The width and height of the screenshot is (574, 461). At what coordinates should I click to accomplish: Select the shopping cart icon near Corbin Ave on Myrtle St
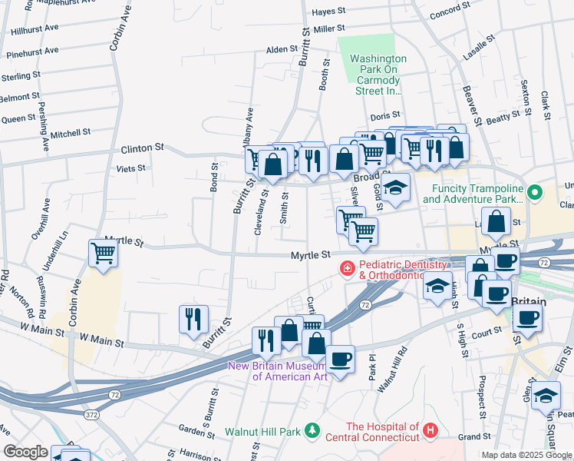click(103, 252)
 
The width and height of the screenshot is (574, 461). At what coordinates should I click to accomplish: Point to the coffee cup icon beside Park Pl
click(340, 358)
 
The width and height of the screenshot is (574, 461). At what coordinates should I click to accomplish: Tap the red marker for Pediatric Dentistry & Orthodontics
click(347, 268)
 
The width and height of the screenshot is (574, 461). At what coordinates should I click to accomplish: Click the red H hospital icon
click(430, 431)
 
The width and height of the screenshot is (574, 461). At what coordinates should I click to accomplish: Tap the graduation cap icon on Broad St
click(395, 187)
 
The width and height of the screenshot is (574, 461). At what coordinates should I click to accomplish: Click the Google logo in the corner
click(25, 452)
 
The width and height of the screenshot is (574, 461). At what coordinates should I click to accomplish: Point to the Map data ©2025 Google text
click(526, 455)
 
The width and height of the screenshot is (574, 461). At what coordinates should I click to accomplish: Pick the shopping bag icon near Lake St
click(496, 221)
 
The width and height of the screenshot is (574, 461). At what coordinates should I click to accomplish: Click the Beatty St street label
click(503, 118)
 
